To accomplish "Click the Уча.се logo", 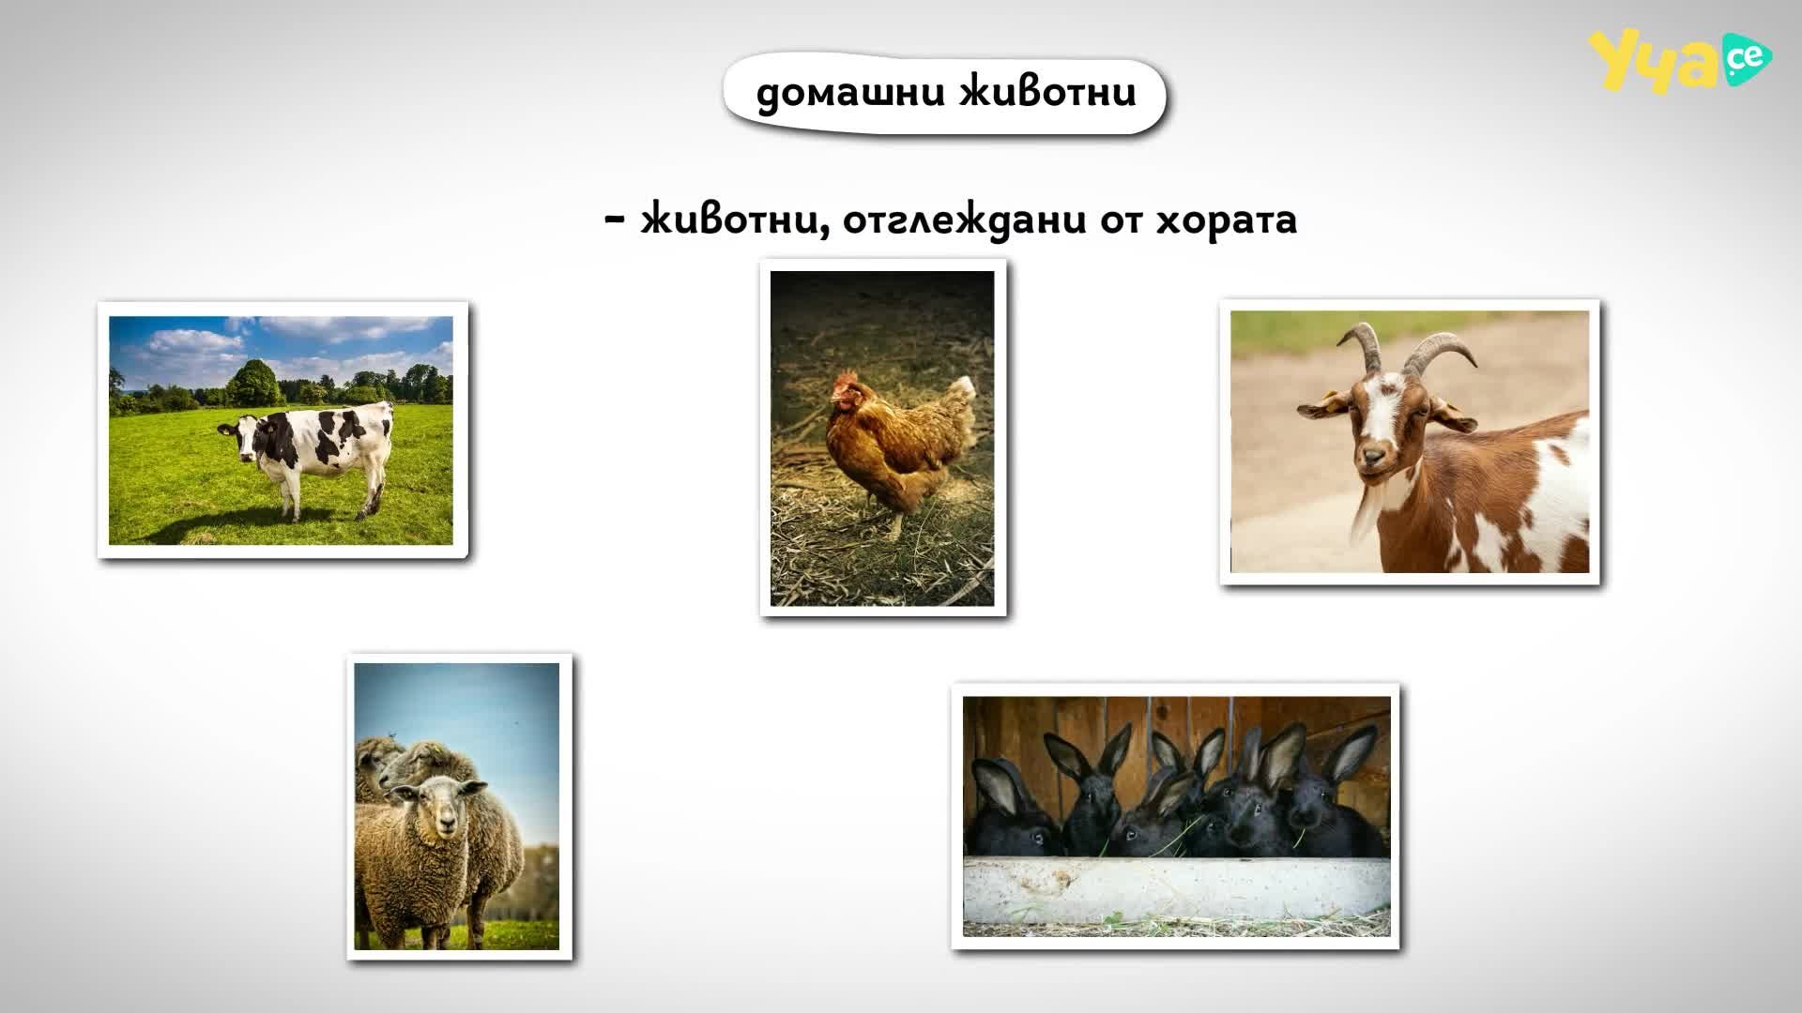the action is click(x=1679, y=62).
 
